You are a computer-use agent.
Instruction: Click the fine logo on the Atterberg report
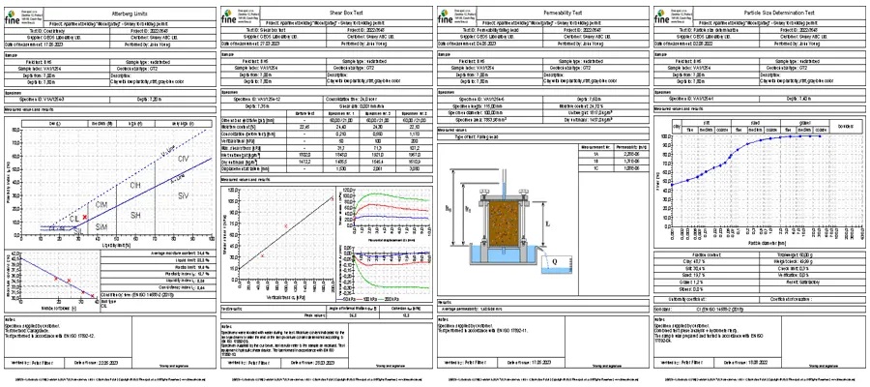click(x=14, y=16)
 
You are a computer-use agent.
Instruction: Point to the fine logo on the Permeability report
click(x=449, y=16)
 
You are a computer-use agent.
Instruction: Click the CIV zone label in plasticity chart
click(x=184, y=158)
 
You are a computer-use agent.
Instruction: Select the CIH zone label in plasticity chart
click(x=135, y=184)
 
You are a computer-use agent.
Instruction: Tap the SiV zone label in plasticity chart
click(x=184, y=196)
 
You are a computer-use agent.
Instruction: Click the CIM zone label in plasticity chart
click(x=101, y=205)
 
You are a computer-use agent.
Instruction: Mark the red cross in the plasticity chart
click(x=85, y=219)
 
